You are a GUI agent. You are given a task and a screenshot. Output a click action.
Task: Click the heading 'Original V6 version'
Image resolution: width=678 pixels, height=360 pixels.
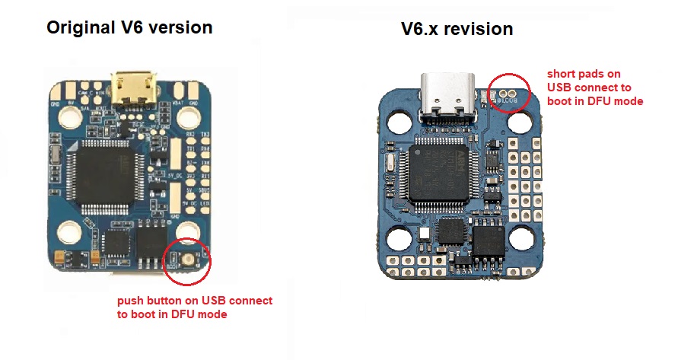(x=129, y=28)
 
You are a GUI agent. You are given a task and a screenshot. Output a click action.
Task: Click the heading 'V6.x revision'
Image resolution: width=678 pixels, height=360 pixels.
(x=457, y=30)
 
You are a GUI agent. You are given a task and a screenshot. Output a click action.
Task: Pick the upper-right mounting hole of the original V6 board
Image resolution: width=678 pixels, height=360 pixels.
(x=188, y=116)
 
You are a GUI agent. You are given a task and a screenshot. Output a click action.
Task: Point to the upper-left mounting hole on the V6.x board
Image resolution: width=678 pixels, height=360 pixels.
(x=398, y=120)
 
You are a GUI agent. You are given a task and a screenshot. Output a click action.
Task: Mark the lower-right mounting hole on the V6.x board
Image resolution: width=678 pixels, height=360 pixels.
(x=520, y=239)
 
